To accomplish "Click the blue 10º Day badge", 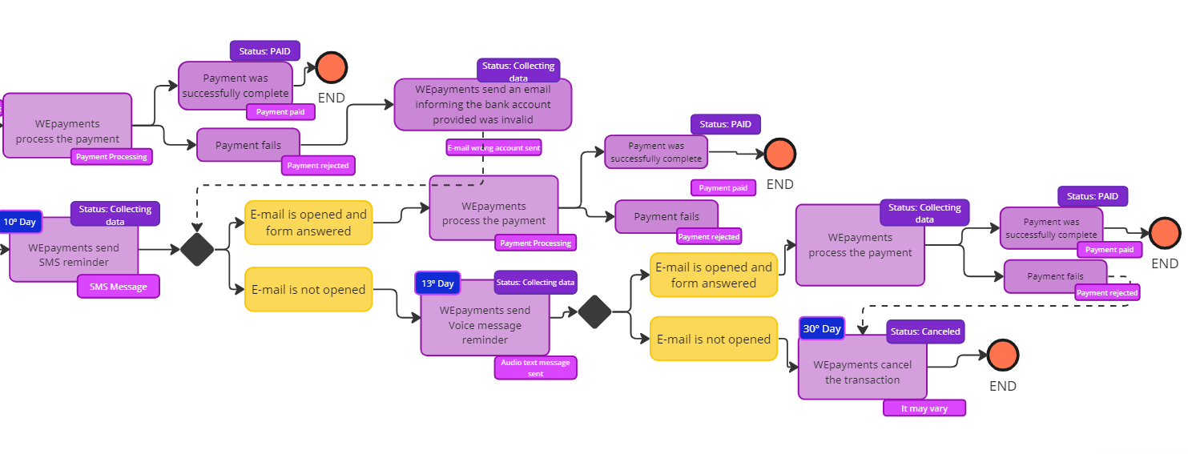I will pos(20,222).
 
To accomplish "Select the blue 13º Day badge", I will pos(437,283).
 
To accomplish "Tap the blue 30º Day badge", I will pos(822,328).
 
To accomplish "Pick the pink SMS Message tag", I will pos(119,287).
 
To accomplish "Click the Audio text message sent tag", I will pos(535,368).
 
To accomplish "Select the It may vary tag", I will pos(924,408).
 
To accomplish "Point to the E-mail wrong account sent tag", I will pos(494,147).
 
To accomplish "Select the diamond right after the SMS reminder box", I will pos(197,249).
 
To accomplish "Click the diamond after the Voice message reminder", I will pos(594,311).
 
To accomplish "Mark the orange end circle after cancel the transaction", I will pos(1002,355).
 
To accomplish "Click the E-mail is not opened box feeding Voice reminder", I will pos(308,290).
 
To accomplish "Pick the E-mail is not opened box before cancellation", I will pos(713,339).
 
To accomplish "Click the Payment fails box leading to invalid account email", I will pos(248,146).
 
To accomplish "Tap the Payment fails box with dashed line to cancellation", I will pos(1054,276).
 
